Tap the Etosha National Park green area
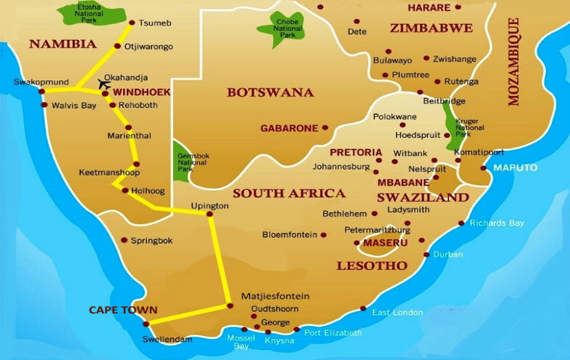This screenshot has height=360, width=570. click(x=93, y=13)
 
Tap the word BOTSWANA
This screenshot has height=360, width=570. click(x=270, y=92)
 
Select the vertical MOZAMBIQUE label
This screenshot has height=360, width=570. click(x=514, y=61)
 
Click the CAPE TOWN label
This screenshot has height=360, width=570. click(x=123, y=310)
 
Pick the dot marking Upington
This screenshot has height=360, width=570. click(x=210, y=214)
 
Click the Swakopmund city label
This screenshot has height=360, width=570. click(x=40, y=82)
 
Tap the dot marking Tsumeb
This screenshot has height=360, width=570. click(x=133, y=22)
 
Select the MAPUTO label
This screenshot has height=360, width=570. click(x=515, y=167)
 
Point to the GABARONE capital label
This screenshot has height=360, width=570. click(x=289, y=128)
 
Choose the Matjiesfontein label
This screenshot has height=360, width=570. click(x=275, y=296)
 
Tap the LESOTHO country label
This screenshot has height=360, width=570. click(x=372, y=265)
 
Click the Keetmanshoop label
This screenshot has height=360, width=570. click(x=109, y=172)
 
